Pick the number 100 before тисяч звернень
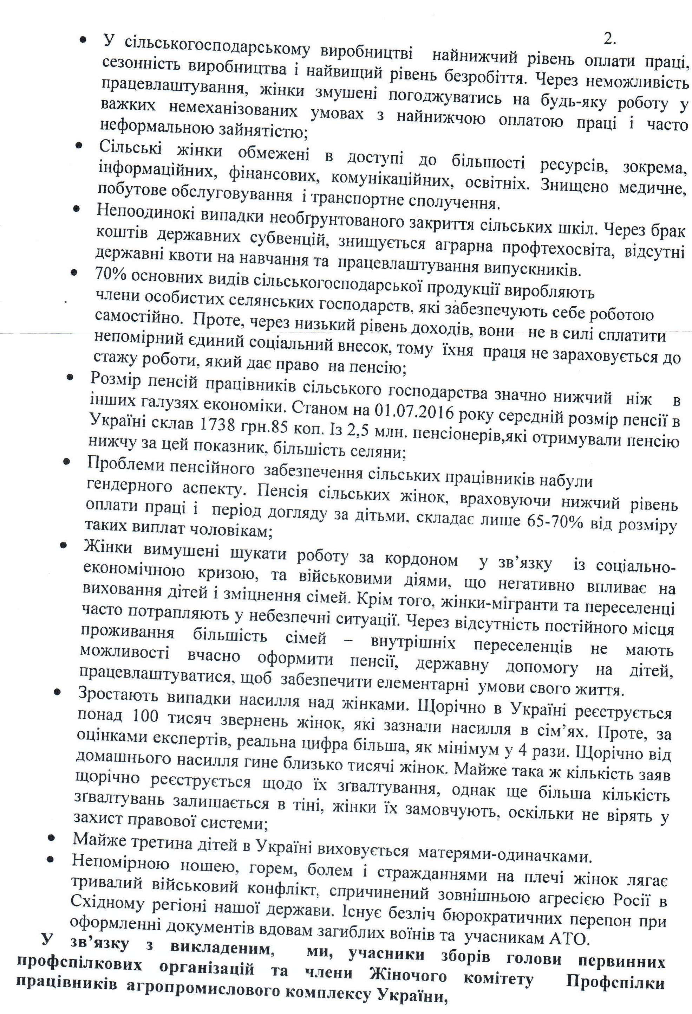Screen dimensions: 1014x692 tap(144, 716)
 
